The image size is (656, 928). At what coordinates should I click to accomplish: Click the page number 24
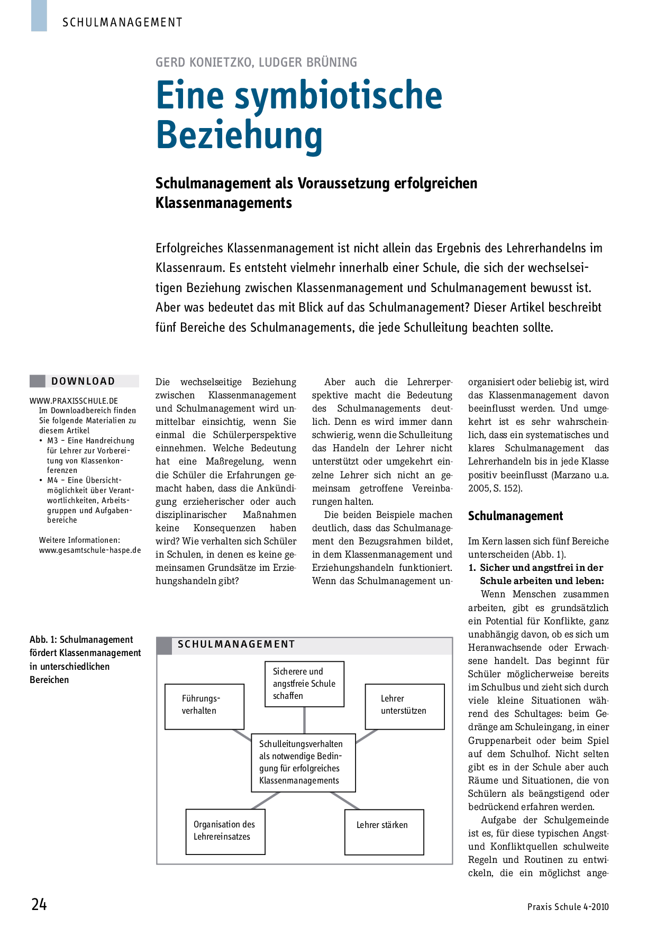coord(39,904)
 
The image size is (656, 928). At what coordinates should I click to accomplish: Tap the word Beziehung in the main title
coord(239,135)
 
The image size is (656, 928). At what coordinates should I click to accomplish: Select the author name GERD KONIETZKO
coord(204,62)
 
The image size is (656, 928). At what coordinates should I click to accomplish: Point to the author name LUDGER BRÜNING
coord(308,62)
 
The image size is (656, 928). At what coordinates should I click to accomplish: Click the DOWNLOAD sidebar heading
coord(83,381)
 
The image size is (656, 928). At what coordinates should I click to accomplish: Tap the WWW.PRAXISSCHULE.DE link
coord(74,401)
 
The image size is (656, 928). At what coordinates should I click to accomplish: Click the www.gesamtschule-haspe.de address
coord(90,550)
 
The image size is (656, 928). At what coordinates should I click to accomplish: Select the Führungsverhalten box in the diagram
coord(204,706)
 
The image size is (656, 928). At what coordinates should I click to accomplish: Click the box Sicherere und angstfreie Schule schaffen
coord(304,684)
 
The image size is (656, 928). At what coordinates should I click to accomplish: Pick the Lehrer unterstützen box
coord(404,706)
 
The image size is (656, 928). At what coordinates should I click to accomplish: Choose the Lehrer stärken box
coord(384,832)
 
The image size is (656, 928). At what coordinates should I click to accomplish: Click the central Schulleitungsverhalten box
coord(303,762)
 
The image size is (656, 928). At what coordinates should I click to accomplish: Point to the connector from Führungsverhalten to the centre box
coord(242,736)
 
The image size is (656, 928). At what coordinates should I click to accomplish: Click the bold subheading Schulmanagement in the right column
coord(515,516)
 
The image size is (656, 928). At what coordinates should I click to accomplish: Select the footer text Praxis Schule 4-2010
coord(568,907)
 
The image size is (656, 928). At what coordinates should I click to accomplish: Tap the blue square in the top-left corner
coord(39,15)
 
